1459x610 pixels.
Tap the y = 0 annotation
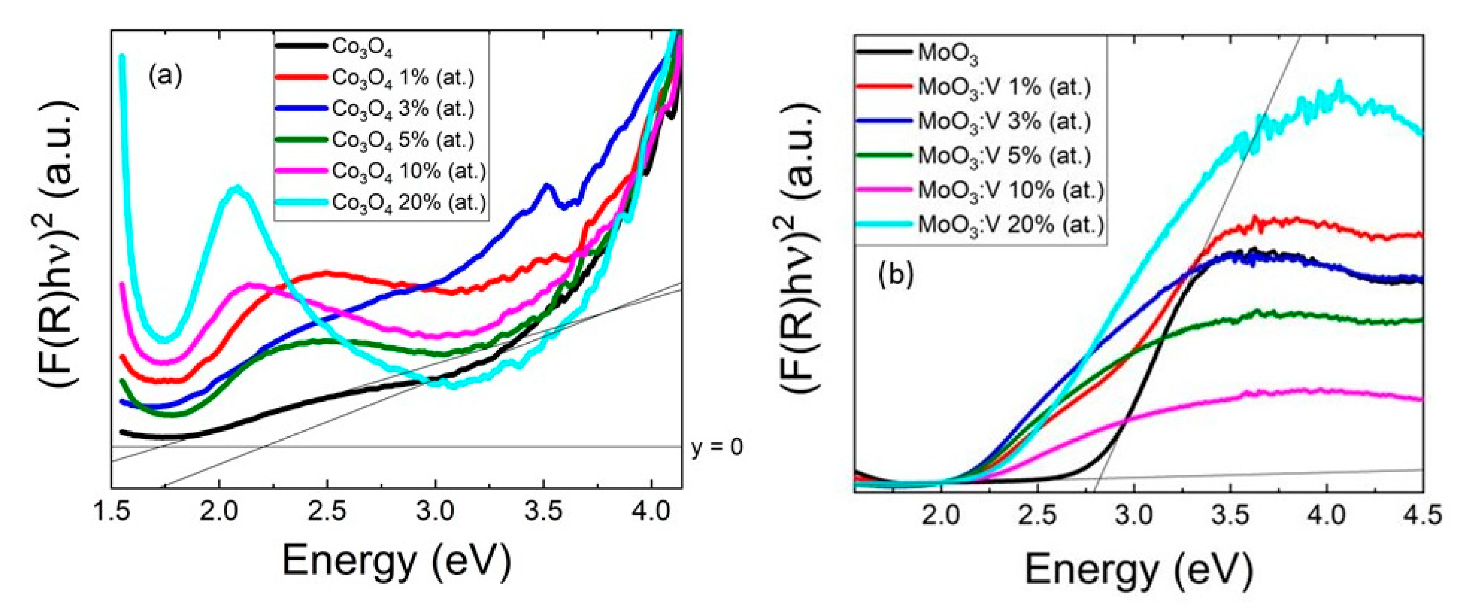717,448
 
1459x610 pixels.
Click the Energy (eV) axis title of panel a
397,561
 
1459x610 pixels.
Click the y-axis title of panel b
799,249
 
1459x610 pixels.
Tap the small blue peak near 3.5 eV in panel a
546,186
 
